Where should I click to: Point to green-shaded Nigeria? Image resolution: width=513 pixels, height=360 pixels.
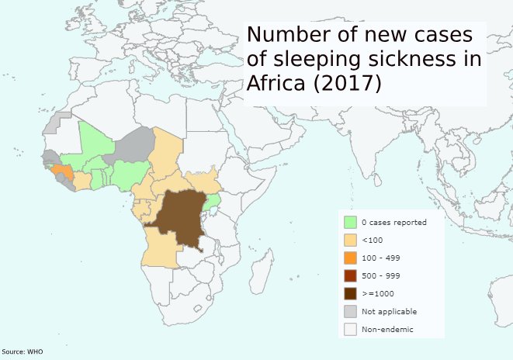click(x=128, y=175)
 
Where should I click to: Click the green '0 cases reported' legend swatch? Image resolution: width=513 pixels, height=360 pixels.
click(x=350, y=222)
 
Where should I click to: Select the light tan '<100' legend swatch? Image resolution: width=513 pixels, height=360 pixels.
click(x=350, y=240)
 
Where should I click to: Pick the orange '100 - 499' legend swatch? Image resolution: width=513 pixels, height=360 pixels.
click(x=350, y=258)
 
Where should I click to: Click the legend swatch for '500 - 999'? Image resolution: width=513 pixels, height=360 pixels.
click(x=350, y=275)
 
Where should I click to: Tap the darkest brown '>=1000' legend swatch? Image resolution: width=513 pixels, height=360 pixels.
click(x=350, y=293)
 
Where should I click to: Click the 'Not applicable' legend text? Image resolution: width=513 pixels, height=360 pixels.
click(x=389, y=311)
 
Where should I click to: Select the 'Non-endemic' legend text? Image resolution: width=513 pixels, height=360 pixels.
click(x=387, y=330)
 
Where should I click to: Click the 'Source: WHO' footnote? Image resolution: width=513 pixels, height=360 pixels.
click(x=22, y=352)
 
